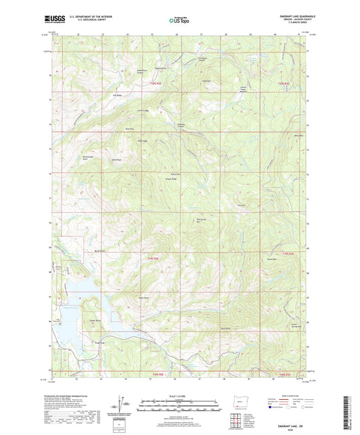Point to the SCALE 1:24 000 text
(180, 396)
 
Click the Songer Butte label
(94, 320)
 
